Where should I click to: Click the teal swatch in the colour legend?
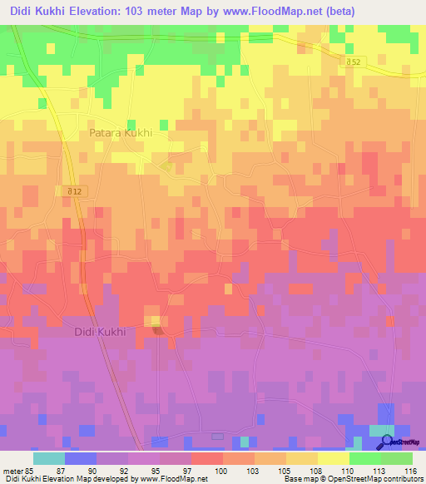pyautogui.click(x=49, y=458)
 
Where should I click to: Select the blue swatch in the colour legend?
pyautogui.click(x=81, y=458)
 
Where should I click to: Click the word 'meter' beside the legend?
pyautogui.click(x=12, y=471)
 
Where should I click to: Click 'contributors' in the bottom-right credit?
pyautogui.click(x=404, y=480)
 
